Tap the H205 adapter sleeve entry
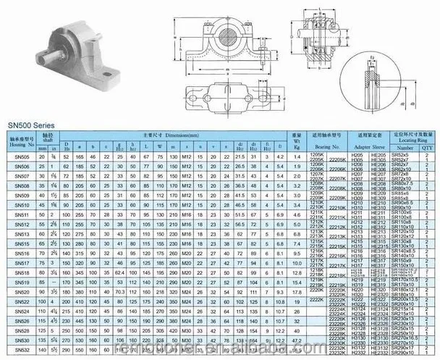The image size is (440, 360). (x=356, y=154)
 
